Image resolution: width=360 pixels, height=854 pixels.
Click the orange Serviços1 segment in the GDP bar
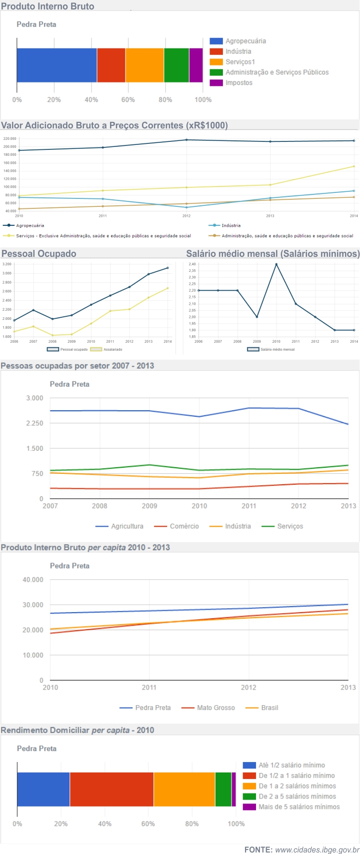[x=144, y=65]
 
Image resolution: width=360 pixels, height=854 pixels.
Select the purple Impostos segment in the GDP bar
[x=196, y=65]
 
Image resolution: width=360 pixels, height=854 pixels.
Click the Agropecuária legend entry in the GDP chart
[x=245, y=41]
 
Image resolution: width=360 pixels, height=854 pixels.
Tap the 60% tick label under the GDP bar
[x=128, y=100]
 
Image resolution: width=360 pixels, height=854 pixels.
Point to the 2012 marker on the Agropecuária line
[x=186, y=140]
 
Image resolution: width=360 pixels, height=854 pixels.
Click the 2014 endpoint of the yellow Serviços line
[x=353, y=166]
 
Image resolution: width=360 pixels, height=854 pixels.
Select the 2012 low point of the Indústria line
[x=186, y=207]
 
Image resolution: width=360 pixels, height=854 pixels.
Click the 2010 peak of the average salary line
[x=276, y=264]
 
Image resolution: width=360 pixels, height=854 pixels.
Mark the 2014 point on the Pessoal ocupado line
[x=167, y=268]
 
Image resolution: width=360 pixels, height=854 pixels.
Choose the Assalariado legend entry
[x=112, y=349]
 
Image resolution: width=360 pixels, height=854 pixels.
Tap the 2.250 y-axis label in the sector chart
[x=34, y=423]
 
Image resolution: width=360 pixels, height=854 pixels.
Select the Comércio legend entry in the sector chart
[x=183, y=526]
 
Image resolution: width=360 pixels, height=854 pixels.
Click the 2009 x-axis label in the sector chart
[x=149, y=506]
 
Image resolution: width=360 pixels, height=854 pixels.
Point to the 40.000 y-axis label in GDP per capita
[x=33, y=580]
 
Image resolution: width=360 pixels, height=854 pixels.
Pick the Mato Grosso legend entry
[x=215, y=708]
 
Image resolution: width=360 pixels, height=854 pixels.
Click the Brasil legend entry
[x=269, y=708]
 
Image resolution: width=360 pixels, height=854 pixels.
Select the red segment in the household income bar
[x=111, y=789]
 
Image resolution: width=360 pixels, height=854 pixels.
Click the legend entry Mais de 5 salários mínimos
[x=298, y=807]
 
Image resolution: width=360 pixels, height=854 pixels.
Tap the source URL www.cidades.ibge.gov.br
[x=317, y=850]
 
